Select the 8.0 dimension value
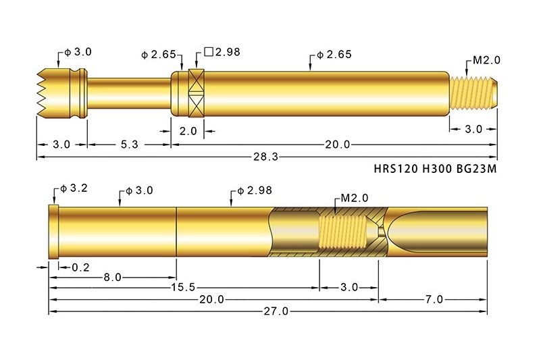pyautogui.click(x=112, y=278)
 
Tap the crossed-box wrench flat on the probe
pyautogui.click(x=196, y=92)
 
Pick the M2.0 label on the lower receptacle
pyautogui.click(x=354, y=199)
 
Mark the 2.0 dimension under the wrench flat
pyautogui.click(x=188, y=131)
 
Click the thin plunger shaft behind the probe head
pyautogui.click(x=128, y=93)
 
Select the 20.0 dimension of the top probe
pyautogui.click(x=337, y=145)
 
